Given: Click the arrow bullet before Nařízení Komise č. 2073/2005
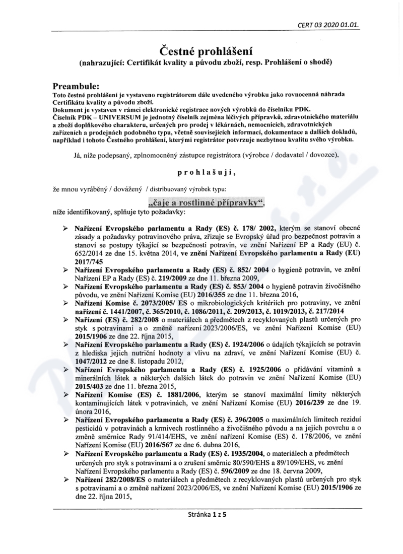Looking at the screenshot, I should coord(66,303).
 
